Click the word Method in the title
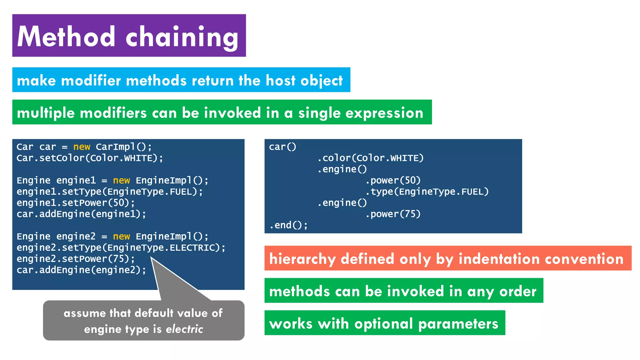[x=66, y=37]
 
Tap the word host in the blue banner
[x=280, y=80]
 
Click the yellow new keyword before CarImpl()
[x=82, y=147]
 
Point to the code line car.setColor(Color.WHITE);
[x=90, y=158]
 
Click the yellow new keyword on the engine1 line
[x=121, y=180]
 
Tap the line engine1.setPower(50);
[x=76, y=203]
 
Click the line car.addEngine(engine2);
[x=81, y=270]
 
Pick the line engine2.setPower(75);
[x=76, y=259]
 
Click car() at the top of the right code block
[x=282, y=147]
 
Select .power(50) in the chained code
[x=393, y=180]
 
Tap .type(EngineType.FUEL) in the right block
[x=427, y=192]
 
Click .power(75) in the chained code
[x=393, y=214]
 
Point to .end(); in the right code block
[x=288, y=225]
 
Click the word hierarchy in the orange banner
[x=302, y=259]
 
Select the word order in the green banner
[x=517, y=291]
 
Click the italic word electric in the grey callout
[x=184, y=329]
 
